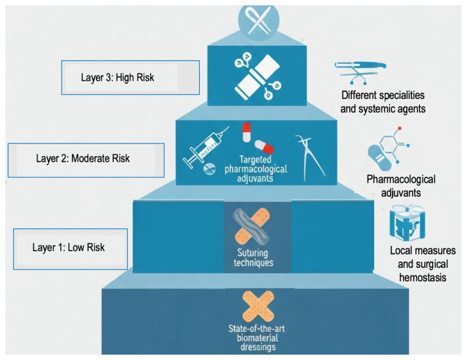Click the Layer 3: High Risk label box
point(130,78)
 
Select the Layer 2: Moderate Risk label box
point(86,160)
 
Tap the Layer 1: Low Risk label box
point(71,249)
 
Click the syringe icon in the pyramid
point(206,147)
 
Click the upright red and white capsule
point(246,132)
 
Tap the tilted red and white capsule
point(264,147)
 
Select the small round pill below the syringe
point(209,169)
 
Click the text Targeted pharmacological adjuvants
point(256,169)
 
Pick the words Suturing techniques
point(253,258)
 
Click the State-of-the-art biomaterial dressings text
point(256,338)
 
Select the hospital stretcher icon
point(360,72)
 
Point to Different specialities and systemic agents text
point(383,102)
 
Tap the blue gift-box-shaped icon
point(407,223)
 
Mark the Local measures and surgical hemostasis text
point(422,264)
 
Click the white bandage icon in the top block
point(257,77)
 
